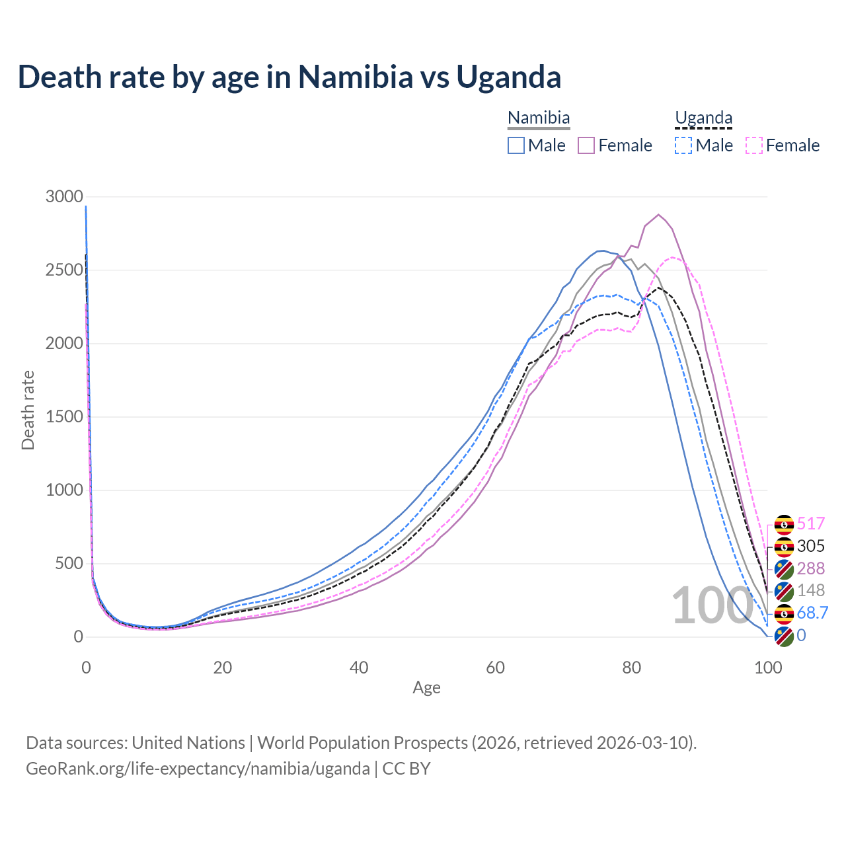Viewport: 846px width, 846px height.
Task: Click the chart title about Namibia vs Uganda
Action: click(x=289, y=77)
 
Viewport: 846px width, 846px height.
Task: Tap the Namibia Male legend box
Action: click(x=516, y=145)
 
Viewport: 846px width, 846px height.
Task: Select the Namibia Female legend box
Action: click(x=587, y=145)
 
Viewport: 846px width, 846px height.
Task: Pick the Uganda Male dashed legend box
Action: click(x=683, y=145)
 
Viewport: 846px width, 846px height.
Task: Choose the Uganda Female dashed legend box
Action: click(x=754, y=145)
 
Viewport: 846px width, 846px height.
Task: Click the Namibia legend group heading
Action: click(x=539, y=118)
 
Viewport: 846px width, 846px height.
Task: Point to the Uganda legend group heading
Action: click(x=703, y=118)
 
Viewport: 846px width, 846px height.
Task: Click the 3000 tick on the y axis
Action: click(x=64, y=197)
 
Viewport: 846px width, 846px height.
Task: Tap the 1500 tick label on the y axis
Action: click(x=64, y=417)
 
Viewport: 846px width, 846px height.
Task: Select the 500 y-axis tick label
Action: click(x=68, y=564)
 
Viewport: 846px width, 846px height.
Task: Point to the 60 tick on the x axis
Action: click(x=495, y=668)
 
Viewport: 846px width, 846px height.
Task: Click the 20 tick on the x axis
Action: click(x=222, y=668)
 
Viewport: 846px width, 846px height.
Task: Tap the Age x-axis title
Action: click(x=426, y=688)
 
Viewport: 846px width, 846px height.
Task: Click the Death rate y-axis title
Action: click(x=28, y=410)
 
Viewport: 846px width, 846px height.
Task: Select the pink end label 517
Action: click(x=811, y=524)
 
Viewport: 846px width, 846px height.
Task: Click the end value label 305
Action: click(x=811, y=546)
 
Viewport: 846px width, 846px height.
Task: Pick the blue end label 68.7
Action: click(x=812, y=613)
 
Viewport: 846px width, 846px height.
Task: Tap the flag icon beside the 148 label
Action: click(x=784, y=591)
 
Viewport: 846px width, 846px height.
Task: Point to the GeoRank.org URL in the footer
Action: click(x=198, y=769)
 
